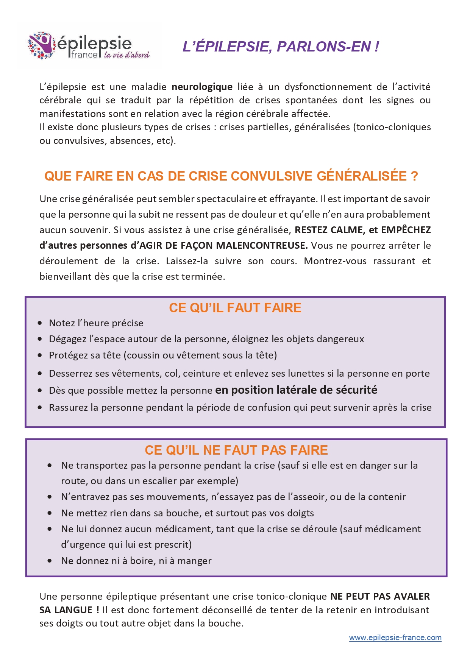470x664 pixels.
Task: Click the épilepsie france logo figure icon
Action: pos(42,46)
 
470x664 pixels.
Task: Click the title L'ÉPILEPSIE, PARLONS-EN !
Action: pos(281,47)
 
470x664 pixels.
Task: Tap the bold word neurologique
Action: pos(202,87)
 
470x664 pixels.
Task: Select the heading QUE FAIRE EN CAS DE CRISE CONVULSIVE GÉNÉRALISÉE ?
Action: pos(231,176)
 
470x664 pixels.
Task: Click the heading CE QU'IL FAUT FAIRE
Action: pos(235,308)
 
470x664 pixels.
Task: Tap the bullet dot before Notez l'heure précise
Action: pos(40,323)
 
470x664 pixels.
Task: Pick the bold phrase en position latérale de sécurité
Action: pos(296,390)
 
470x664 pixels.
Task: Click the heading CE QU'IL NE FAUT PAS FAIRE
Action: pos(236,450)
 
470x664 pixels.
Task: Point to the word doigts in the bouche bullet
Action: pos(300,513)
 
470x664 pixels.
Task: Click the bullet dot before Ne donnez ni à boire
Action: pos(50,561)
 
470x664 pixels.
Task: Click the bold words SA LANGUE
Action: pos(66,610)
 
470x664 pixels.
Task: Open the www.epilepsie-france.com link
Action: pos(395,638)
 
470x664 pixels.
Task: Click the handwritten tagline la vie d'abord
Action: pos(127,55)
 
